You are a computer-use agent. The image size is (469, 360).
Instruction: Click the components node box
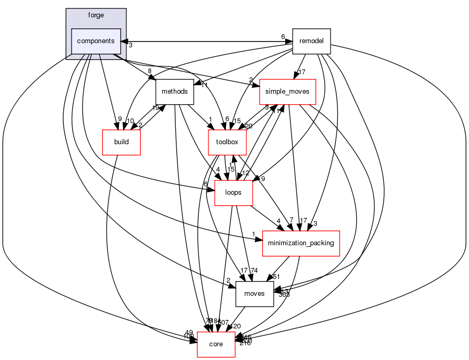click(96, 41)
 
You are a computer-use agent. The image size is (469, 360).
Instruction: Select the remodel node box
click(311, 41)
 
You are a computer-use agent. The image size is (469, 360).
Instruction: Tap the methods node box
click(175, 92)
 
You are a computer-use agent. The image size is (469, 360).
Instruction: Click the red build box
click(121, 142)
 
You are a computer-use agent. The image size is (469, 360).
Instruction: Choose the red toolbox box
click(227, 142)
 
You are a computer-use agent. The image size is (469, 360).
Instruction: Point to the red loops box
click(233, 193)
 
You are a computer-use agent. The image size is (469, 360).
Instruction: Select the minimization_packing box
click(301, 243)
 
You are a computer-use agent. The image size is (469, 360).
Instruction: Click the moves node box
click(255, 294)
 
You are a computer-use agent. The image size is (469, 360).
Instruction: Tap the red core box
click(216, 344)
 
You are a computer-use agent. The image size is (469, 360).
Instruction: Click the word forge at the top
click(96, 15)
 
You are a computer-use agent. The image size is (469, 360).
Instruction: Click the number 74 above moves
click(254, 271)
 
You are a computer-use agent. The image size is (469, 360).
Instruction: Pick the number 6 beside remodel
click(283, 37)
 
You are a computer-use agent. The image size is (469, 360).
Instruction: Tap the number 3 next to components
click(131, 45)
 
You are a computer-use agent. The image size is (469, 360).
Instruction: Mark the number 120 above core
click(236, 326)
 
